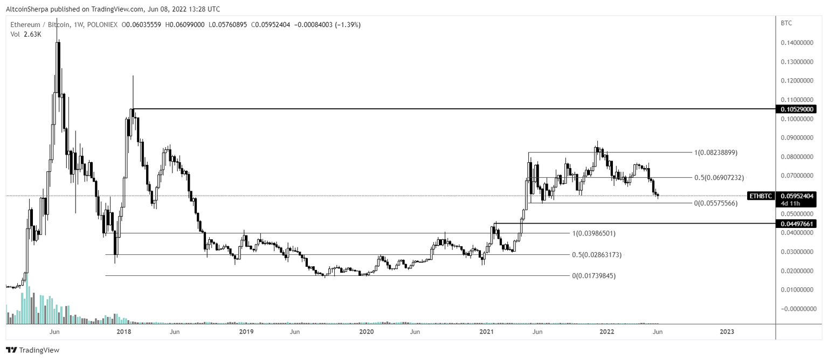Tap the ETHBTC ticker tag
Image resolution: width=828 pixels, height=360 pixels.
point(761,196)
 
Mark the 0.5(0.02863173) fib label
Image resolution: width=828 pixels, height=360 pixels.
point(596,254)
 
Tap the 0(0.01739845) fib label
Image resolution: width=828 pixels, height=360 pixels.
point(594,276)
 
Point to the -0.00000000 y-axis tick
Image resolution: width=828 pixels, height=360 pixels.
point(797,309)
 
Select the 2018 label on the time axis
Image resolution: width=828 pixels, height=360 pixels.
point(124,332)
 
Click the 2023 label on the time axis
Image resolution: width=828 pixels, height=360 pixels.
point(727,332)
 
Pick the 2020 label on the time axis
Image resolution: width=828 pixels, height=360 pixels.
point(367,332)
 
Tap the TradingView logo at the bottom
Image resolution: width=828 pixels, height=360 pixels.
point(32,350)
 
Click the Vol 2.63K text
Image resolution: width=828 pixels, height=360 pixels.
point(25,34)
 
